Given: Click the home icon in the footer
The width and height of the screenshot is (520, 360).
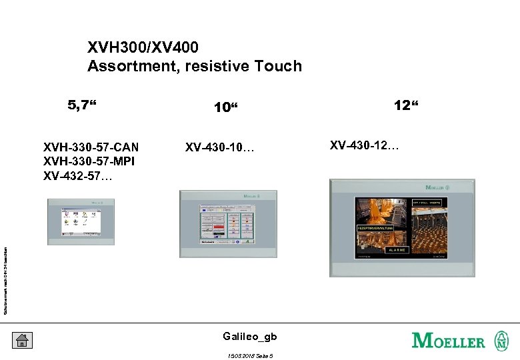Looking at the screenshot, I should tap(21, 340).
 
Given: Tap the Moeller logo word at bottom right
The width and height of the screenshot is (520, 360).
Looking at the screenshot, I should tap(449, 341).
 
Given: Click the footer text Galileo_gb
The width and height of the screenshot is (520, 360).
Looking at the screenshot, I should tap(250, 337).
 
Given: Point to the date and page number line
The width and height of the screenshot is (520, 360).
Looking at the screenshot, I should tap(251, 355).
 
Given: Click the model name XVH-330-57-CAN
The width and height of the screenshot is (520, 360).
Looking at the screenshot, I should tap(91, 147).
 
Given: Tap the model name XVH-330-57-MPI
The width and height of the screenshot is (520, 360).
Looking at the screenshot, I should tap(90, 162).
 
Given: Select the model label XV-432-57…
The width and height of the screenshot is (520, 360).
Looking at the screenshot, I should tap(78, 177).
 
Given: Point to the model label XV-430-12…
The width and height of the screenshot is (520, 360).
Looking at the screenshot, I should tap(364, 145).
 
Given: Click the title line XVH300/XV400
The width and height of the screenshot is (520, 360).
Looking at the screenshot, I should tap(143, 48).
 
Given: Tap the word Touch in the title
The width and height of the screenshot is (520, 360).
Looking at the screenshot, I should tap(279, 66).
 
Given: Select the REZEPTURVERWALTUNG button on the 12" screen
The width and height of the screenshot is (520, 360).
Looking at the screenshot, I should tap(375, 228).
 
